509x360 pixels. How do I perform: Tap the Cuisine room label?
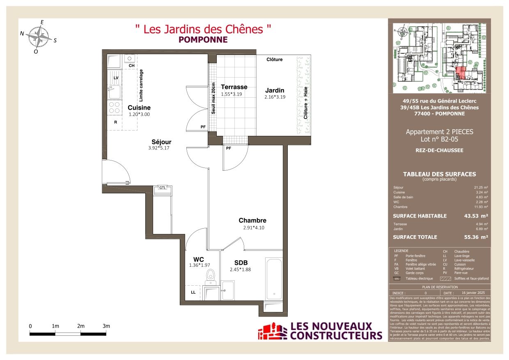tap(139, 108)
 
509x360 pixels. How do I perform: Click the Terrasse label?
tap(234, 87)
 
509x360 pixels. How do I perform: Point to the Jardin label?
tap(275, 90)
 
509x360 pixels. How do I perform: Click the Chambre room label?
tap(252, 220)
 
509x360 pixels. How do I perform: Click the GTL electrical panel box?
tap(163, 188)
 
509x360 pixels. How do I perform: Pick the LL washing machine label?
tap(193, 292)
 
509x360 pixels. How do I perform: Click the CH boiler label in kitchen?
tap(131, 66)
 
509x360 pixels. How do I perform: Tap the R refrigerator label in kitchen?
tap(115, 122)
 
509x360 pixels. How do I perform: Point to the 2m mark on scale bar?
tap(81, 326)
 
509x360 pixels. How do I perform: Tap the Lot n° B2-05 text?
tap(439, 140)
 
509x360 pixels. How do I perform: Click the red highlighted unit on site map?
tap(460, 73)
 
